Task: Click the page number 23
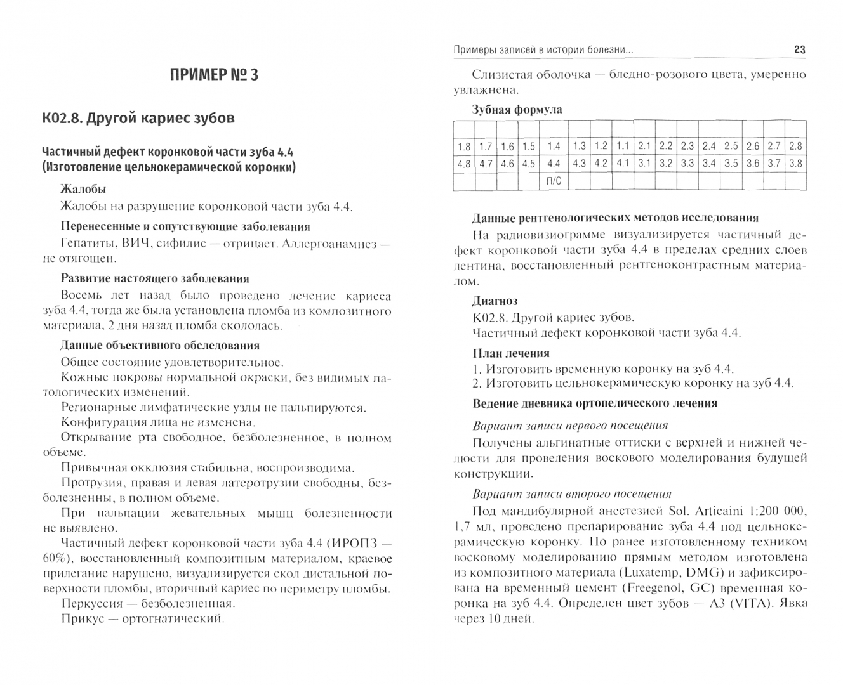point(799,49)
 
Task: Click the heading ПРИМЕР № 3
point(215,75)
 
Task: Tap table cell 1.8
point(464,147)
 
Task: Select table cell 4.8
point(464,164)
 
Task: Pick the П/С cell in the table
point(554,181)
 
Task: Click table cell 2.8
point(795,146)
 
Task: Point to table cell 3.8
point(795,163)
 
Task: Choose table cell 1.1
point(623,146)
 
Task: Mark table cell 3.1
point(644,163)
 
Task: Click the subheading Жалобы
point(83,189)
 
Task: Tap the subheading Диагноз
point(495,301)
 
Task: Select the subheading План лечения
point(511,353)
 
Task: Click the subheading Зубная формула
point(517,110)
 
